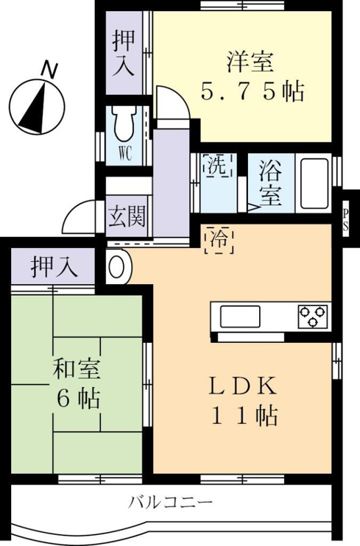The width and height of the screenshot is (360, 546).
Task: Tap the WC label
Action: point(125,153)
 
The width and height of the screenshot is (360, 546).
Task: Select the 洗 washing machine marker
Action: point(216,166)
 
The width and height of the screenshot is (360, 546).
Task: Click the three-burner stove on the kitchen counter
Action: point(312,316)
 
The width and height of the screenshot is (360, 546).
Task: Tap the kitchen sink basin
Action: point(240,316)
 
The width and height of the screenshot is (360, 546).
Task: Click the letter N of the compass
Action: point(49,70)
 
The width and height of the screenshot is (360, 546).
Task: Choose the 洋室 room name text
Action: point(250,62)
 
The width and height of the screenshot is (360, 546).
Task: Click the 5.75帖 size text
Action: point(253,91)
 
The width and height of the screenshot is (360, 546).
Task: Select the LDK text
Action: point(243,386)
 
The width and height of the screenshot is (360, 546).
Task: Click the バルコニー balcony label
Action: point(171,503)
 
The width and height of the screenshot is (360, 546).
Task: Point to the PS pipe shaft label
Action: point(345,220)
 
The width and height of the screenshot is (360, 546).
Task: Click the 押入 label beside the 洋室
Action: point(124,54)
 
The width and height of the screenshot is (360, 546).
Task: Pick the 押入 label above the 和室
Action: point(54,267)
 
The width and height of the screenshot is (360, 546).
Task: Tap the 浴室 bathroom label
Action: point(270,183)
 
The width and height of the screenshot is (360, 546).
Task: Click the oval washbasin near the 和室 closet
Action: point(117,267)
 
